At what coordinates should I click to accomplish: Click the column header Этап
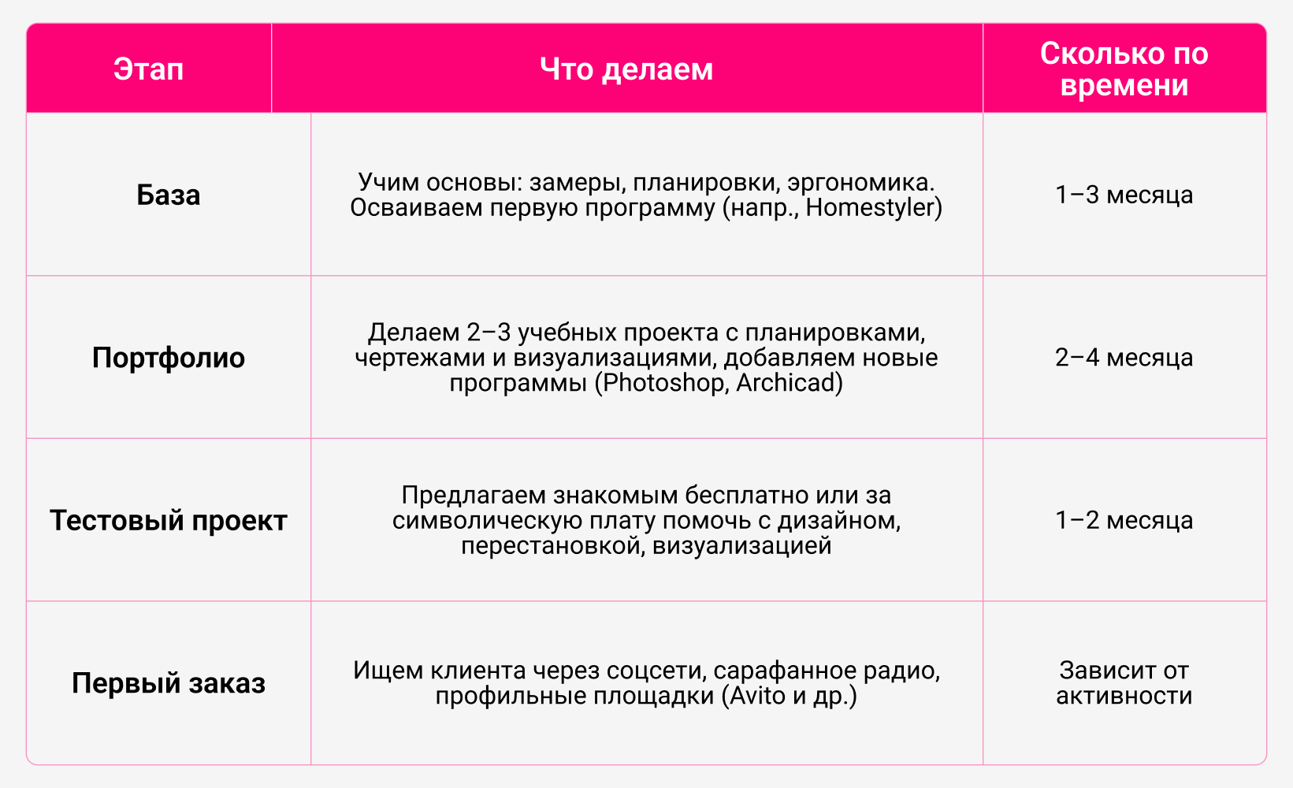coord(148,69)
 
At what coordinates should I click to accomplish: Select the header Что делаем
coord(626,69)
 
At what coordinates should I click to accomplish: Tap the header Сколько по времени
coord(1124,69)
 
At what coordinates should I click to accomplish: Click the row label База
coord(169,195)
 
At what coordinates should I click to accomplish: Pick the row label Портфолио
coord(169,358)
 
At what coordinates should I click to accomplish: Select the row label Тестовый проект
coord(169,520)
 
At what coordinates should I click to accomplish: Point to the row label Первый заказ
coord(169,683)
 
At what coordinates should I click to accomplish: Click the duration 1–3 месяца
coord(1124,195)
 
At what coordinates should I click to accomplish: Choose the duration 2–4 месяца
coord(1124,357)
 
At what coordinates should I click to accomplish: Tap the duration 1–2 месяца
coord(1124,520)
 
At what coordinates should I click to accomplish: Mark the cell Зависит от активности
coord(1124,683)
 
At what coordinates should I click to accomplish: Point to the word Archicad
coord(785,383)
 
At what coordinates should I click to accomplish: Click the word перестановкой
coord(552,545)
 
